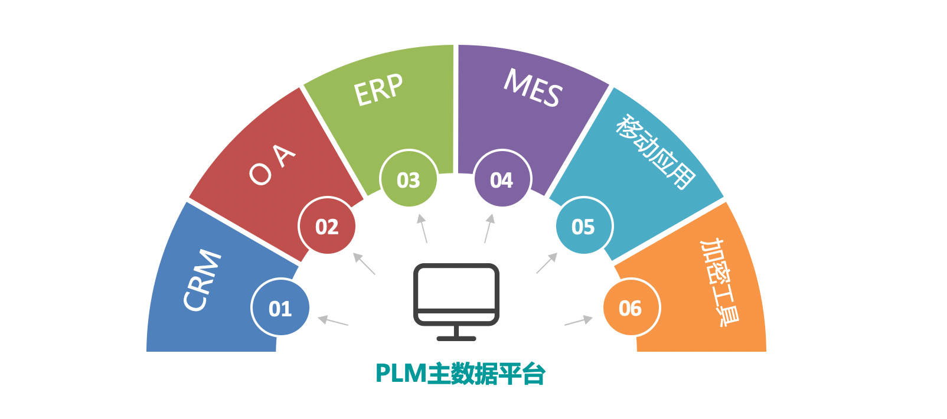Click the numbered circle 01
[280, 307]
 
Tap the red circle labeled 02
[327, 226]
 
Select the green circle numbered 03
[409, 179]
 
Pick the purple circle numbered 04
[502, 179]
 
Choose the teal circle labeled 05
[584, 226]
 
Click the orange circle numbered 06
[631, 307]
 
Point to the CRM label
[202, 280]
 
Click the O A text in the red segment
[272, 165]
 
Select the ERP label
[378, 90]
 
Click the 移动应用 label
[655, 152]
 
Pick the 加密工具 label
[719, 282]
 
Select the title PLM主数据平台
[460, 374]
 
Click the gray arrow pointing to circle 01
[333, 321]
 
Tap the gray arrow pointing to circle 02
[364, 264]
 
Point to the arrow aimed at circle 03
[422, 228]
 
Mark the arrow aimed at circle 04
[488, 228]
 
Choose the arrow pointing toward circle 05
[547, 263]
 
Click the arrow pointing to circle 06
[579, 320]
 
